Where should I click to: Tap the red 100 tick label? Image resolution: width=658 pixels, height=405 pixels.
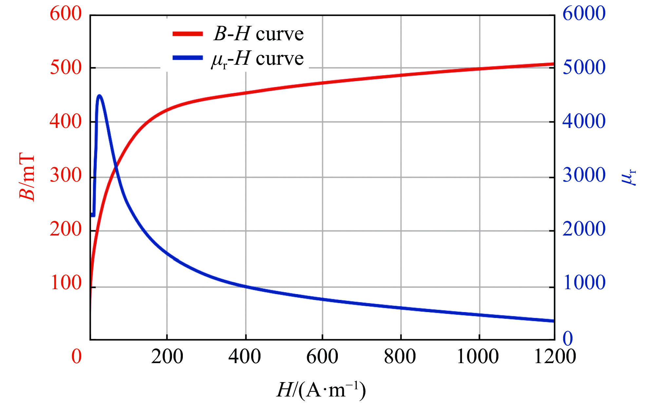[x=66, y=283]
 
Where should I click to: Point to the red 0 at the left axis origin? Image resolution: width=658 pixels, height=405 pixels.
[x=76, y=356]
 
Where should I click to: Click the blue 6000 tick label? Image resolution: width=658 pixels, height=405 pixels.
[x=584, y=14]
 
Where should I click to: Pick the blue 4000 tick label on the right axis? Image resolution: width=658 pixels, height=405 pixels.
[x=584, y=121]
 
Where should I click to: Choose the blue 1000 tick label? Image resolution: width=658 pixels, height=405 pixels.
[x=584, y=283]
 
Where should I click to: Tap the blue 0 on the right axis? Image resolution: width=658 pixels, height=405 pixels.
[x=568, y=338]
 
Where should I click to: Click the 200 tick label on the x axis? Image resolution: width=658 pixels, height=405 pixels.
[x=167, y=356]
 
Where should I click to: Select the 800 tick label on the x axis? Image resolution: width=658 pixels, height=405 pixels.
[x=400, y=356]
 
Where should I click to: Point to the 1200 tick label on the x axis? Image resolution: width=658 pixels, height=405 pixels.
[x=554, y=356]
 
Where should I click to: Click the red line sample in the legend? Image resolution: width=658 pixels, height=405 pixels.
[x=188, y=34]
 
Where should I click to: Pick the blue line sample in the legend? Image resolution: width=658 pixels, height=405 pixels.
[x=188, y=58]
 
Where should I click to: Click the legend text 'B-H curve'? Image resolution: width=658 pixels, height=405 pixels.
[x=259, y=34]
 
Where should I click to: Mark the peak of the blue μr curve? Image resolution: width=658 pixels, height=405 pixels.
[x=100, y=96]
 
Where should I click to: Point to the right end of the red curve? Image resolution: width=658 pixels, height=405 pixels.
[x=553, y=64]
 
